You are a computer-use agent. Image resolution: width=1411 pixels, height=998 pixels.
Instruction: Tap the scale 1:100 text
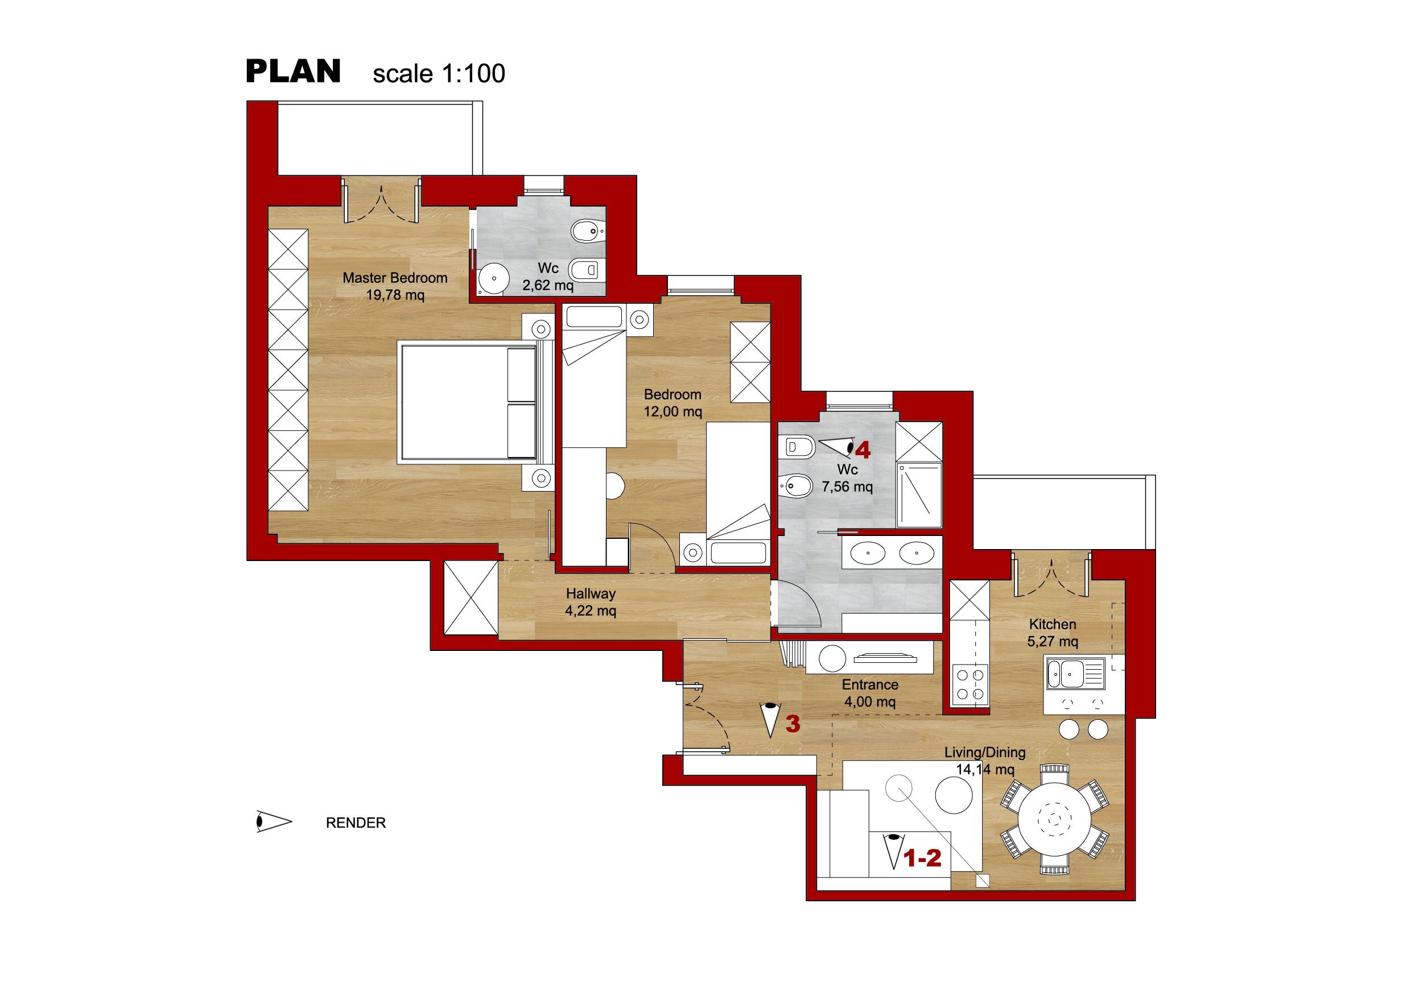pos(439,74)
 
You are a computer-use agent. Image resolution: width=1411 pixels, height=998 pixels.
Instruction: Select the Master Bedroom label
pos(395,278)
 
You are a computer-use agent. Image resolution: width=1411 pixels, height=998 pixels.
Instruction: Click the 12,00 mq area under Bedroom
pos(673,412)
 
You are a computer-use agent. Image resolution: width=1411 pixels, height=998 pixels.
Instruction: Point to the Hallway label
pos(591,593)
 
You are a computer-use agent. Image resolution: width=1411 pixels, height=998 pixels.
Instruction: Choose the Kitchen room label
pos(1053,624)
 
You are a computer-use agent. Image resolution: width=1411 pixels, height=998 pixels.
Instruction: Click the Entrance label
pos(870,684)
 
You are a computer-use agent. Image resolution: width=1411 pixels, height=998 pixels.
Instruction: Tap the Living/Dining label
pos(985,752)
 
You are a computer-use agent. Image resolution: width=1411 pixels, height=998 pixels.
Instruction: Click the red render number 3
pos(793,724)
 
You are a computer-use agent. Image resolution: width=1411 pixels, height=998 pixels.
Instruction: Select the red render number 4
pos(863,451)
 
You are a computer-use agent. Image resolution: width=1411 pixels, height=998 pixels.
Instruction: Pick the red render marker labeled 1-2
pos(922,858)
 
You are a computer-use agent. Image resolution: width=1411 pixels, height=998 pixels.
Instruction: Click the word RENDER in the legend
pos(356,823)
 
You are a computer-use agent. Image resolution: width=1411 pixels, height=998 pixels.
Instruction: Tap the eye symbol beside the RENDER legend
pos(274,822)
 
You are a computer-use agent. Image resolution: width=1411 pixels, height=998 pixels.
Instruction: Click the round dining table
pos(1055,819)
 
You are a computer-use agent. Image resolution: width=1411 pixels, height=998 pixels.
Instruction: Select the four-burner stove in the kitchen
pos(971,684)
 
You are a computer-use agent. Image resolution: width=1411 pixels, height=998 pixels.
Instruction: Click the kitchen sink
pos(1076,674)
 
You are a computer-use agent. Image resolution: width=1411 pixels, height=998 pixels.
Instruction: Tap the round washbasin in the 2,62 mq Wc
pos(493,278)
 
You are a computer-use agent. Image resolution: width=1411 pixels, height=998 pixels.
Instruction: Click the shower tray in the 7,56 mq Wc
pos(919,496)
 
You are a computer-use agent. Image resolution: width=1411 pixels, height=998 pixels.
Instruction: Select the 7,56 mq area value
pos(848,486)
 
